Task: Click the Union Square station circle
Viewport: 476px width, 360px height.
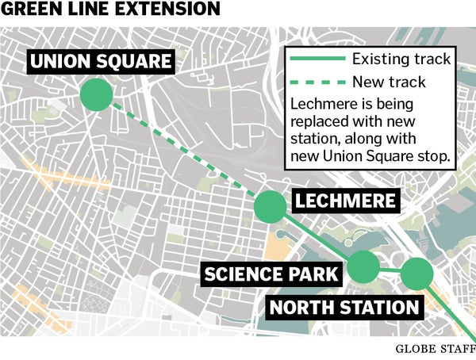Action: [97, 95]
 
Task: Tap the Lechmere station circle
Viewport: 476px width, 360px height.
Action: [270, 206]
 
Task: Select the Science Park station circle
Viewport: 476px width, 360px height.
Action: [364, 266]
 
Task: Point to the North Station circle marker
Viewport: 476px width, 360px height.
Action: [416, 274]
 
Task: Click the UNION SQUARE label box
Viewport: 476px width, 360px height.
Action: [100, 61]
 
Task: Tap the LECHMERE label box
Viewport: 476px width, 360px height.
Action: [344, 201]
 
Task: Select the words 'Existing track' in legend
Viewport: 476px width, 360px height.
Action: [401, 59]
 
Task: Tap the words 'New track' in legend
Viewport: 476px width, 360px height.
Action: [389, 82]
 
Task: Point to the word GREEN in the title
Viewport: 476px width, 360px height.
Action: [30, 10]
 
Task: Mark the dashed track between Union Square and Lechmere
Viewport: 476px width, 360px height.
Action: [182, 151]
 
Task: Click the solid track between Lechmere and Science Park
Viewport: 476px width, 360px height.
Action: [317, 236]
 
